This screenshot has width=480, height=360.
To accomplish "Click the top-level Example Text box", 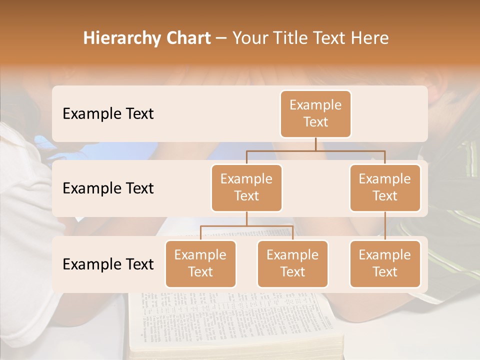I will [x=315, y=113].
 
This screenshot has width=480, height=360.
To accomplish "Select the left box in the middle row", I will [x=246, y=187].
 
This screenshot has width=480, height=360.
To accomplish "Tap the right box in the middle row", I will [x=385, y=187].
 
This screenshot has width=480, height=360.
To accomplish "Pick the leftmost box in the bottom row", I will [x=200, y=263].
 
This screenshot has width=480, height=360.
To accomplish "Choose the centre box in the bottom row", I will [x=292, y=263].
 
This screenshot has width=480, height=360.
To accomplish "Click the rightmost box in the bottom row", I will [x=385, y=263].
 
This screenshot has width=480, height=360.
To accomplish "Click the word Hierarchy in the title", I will [x=122, y=38].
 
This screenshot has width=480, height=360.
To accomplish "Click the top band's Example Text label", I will [x=108, y=114].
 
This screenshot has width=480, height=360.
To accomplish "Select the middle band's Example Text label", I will [x=108, y=188].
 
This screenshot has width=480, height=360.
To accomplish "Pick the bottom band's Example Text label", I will [x=108, y=264].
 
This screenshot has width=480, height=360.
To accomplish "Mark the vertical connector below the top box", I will [x=315, y=144].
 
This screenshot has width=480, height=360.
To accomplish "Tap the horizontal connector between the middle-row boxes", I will [x=315, y=150].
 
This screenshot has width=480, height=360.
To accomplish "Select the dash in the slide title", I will [x=221, y=38].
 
